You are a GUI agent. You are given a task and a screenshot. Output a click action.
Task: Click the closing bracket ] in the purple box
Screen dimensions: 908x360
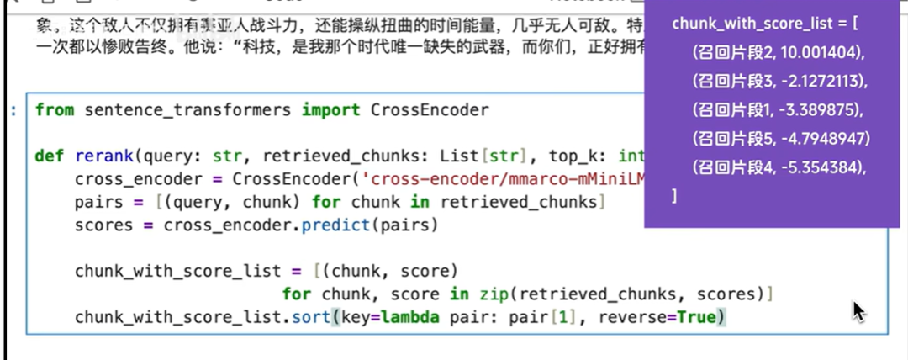click(x=674, y=196)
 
